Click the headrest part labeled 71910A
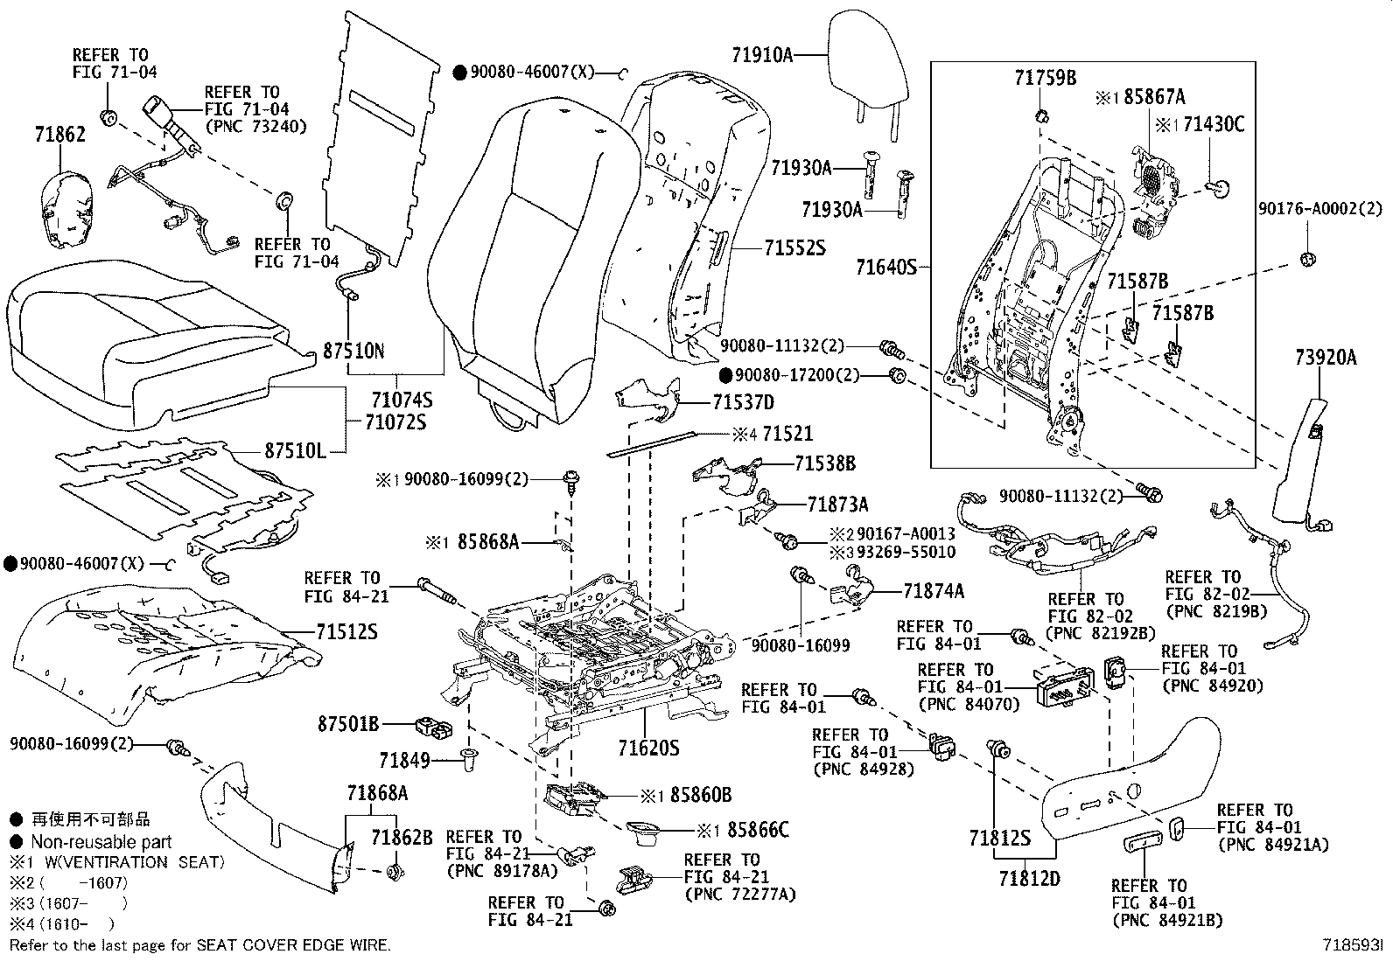coord(867,70)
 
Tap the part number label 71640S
coord(885,266)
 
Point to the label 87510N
coord(353,352)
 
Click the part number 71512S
coord(346,631)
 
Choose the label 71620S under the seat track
coord(647,749)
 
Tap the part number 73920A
coord(1326,357)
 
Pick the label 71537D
coord(743,403)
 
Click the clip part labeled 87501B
coord(431,726)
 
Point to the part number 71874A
coord(933,591)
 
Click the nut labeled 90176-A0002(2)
coord(1309,259)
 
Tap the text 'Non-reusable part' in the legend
coord(101,842)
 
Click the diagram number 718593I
coord(1352,946)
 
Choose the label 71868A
coord(377,793)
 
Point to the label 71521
coord(787,434)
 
